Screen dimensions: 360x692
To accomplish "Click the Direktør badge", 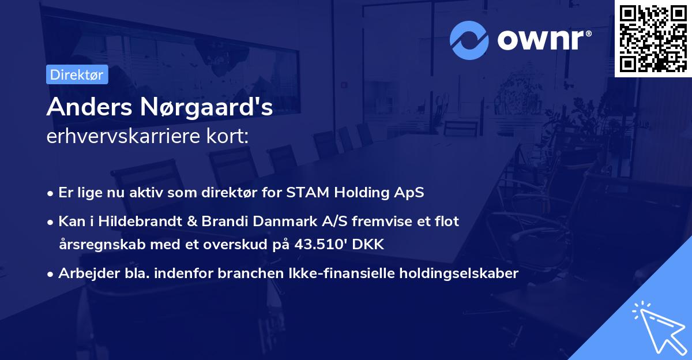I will [x=77, y=74].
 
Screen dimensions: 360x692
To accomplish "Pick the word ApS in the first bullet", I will [x=410, y=192].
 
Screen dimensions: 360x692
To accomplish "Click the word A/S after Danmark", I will [x=325, y=221].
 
